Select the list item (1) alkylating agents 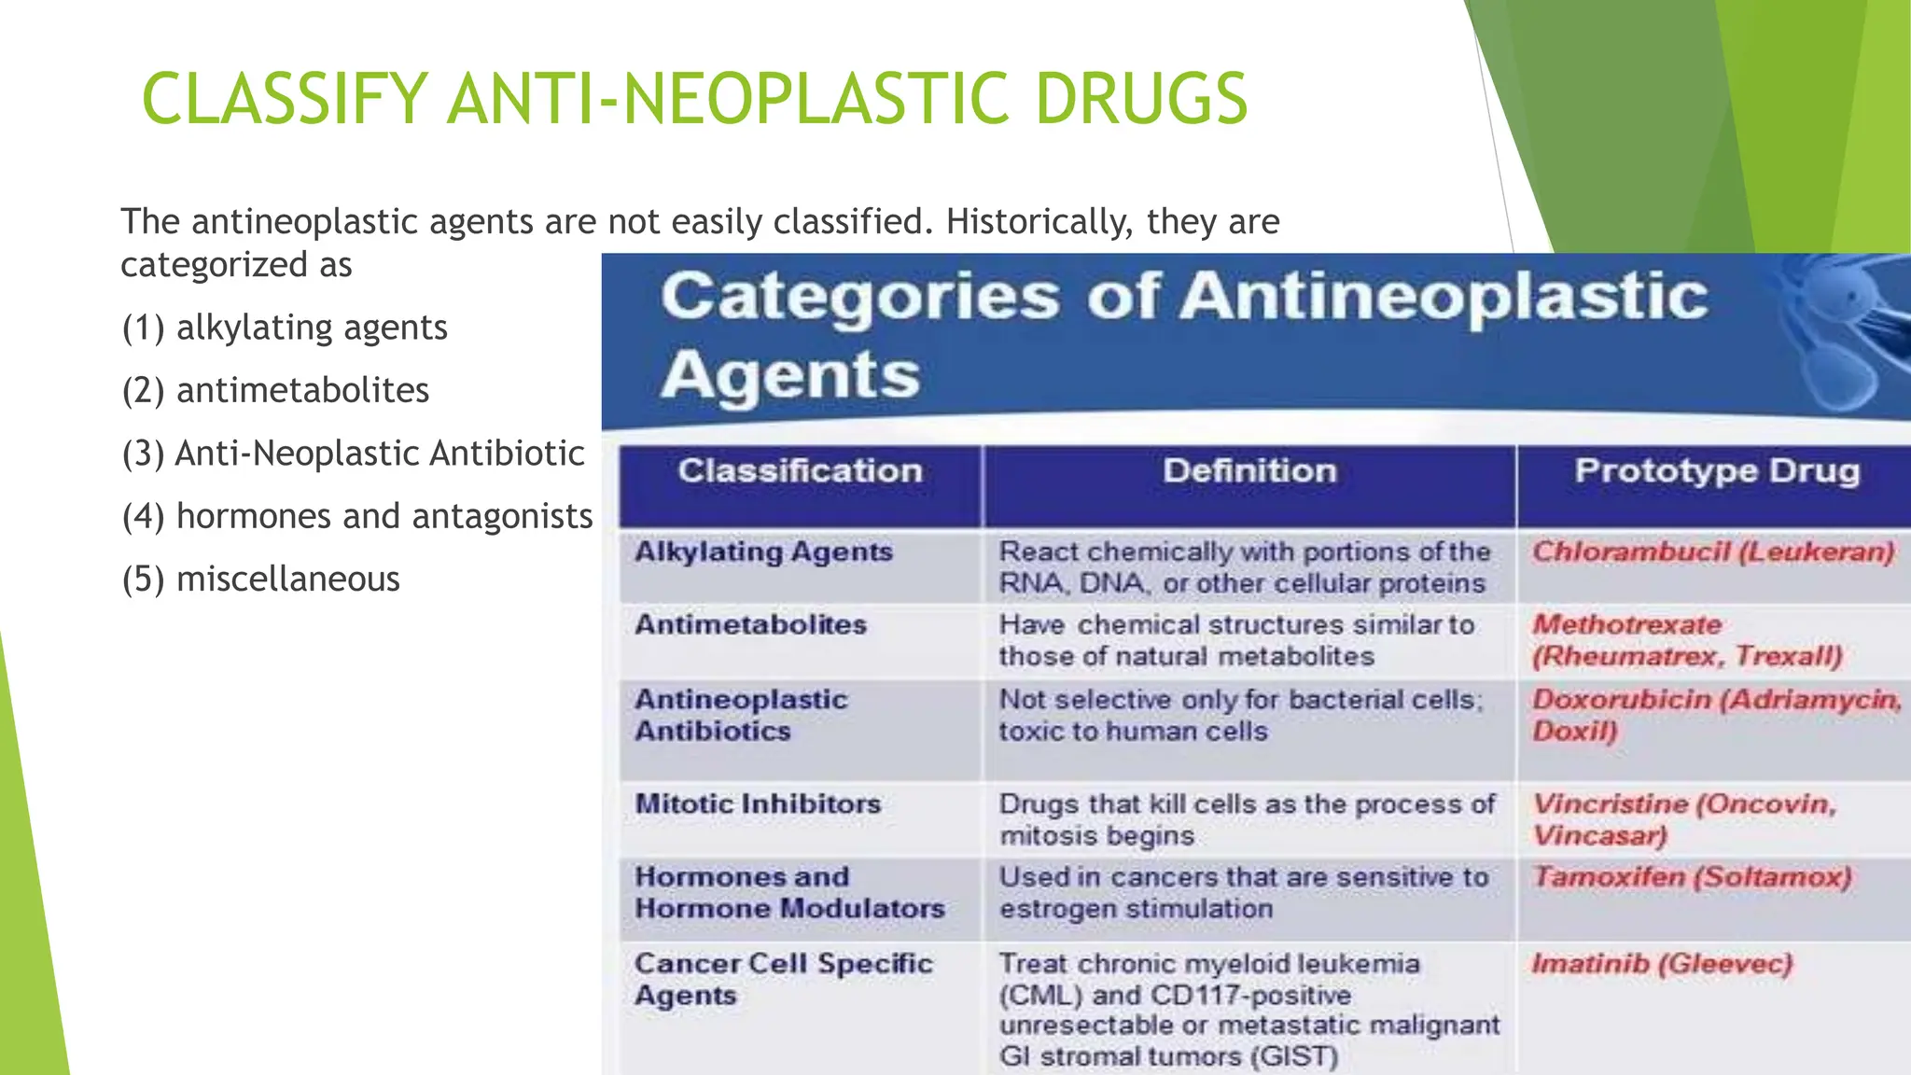pos(285,328)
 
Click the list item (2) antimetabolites pos(275,390)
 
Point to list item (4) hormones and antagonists pos(357,516)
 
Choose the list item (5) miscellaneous pos(260,579)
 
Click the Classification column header pos(800,471)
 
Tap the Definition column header pos(1249,471)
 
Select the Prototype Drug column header pos(1716,471)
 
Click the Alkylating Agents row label pos(763,552)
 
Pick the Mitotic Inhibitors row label pos(758,804)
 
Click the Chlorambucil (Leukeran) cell pos(1713,552)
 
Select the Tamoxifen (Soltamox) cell pos(1692,878)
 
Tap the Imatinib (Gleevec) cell pos(1662,964)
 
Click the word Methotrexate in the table pos(1626,625)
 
